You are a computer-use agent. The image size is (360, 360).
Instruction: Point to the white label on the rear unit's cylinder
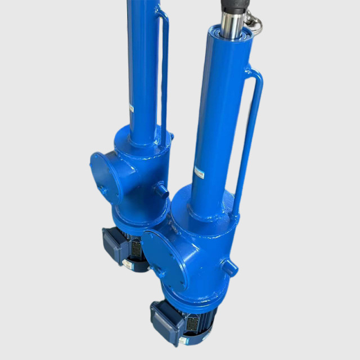click(x=131, y=107)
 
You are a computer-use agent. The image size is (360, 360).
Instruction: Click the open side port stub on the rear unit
click(x=163, y=190)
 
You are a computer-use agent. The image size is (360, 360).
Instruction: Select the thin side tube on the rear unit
click(x=164, y=73)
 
